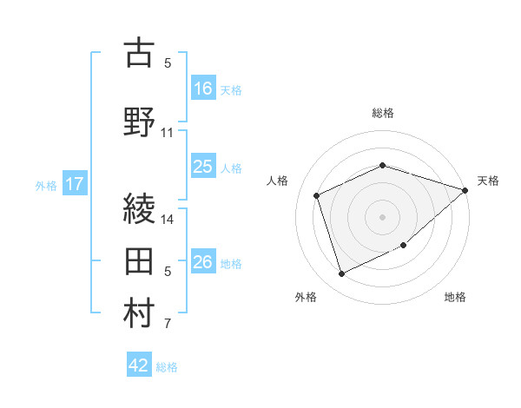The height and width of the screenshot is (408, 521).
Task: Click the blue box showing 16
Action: click(x=203, y=88)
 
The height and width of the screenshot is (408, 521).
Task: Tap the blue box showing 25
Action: click(x=203, y=167)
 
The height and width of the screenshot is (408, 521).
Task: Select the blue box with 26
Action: click(x=203, y=262)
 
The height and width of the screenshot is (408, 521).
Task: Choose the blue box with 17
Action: click(x=76, y=184)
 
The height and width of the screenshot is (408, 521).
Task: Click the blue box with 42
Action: click(x=139, y=365)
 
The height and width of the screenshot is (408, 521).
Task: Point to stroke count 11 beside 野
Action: click(x=168, y=133)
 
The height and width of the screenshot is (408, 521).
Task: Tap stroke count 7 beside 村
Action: click(x=168, y=325)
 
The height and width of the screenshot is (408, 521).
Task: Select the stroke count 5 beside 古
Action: click(x=168, y=63)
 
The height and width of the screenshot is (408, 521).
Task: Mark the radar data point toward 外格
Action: click(x=342, y=274)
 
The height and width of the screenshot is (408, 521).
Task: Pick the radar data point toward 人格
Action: click(x=317, y=195)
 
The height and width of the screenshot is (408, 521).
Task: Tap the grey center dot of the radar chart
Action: click(x=383, y=216)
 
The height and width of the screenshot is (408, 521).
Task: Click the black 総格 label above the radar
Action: click(x=383, y=113)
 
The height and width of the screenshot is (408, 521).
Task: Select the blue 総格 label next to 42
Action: click(x=167, y=367)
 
